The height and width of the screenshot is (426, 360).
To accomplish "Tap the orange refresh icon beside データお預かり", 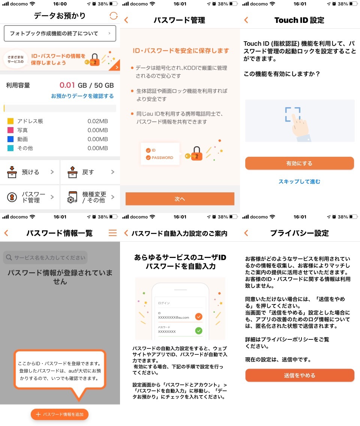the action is (x=114, y=16).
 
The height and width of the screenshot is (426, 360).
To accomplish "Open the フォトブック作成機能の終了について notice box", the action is (x=60, y=33).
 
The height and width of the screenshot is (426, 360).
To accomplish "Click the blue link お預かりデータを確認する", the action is (x=82, y=96).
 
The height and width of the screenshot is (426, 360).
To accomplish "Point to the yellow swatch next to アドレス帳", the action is (x=10, y=121).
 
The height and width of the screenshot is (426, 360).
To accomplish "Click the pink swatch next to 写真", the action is (x=10, y=130).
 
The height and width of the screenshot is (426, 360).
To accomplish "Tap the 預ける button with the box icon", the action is (x=30, y=172).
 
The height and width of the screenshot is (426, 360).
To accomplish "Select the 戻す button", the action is (x=90, y=172).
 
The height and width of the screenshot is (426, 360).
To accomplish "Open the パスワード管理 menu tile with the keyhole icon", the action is (x=30, y=197).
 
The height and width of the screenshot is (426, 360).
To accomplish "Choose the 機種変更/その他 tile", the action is (x=90, y=197).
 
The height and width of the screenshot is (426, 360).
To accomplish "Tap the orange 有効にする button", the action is (x=299, y=163).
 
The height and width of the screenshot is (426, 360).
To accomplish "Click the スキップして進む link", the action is (x=299, y=181).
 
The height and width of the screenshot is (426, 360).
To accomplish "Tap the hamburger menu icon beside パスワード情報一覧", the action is (x=112, y=233).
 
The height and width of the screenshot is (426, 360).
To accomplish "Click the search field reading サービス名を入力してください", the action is (x=45, y=257).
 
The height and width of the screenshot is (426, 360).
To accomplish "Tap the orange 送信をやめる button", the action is (x=300, y=375).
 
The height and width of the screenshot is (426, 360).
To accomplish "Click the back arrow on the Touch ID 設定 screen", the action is (x=246, y=20).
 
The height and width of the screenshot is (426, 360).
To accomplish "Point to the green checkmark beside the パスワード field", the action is (x=199, y=331).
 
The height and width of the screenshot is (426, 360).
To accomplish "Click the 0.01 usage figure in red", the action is (x=67, y=85).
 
